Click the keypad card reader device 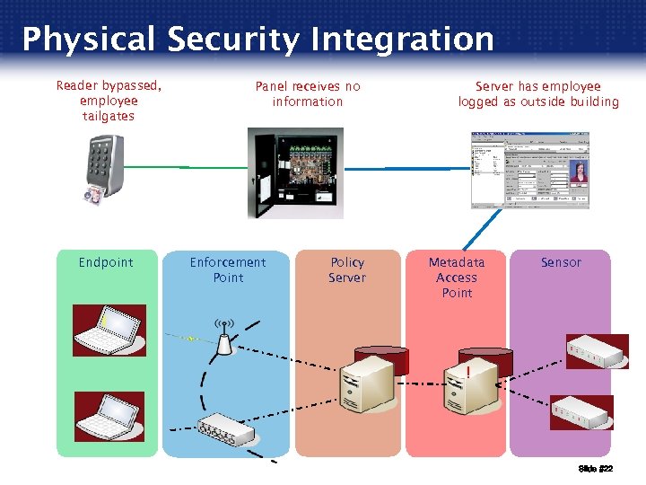tap(106, 166)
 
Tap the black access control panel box tap(294, 173)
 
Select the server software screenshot tap(530, 170)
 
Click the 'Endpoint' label tap(106, 262)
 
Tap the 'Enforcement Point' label tap(228, 269)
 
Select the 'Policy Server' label tap(347, 269)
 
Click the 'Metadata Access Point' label tap(457, 277)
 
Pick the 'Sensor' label tap(561, 262)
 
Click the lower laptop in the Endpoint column tap(109, 416)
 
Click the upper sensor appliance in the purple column tap(597, 351)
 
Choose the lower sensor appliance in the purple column tap(581, 412)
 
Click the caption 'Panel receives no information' tap(308, 93)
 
